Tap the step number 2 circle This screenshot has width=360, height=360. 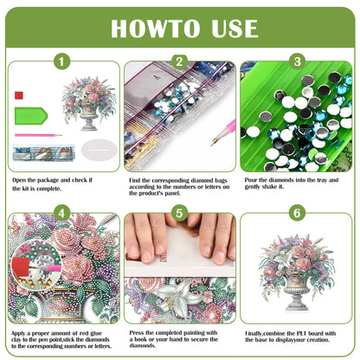tap(179, 61)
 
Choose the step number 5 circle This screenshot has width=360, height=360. tap(179, 211)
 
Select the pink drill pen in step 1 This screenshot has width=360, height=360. tap(39, 135)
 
